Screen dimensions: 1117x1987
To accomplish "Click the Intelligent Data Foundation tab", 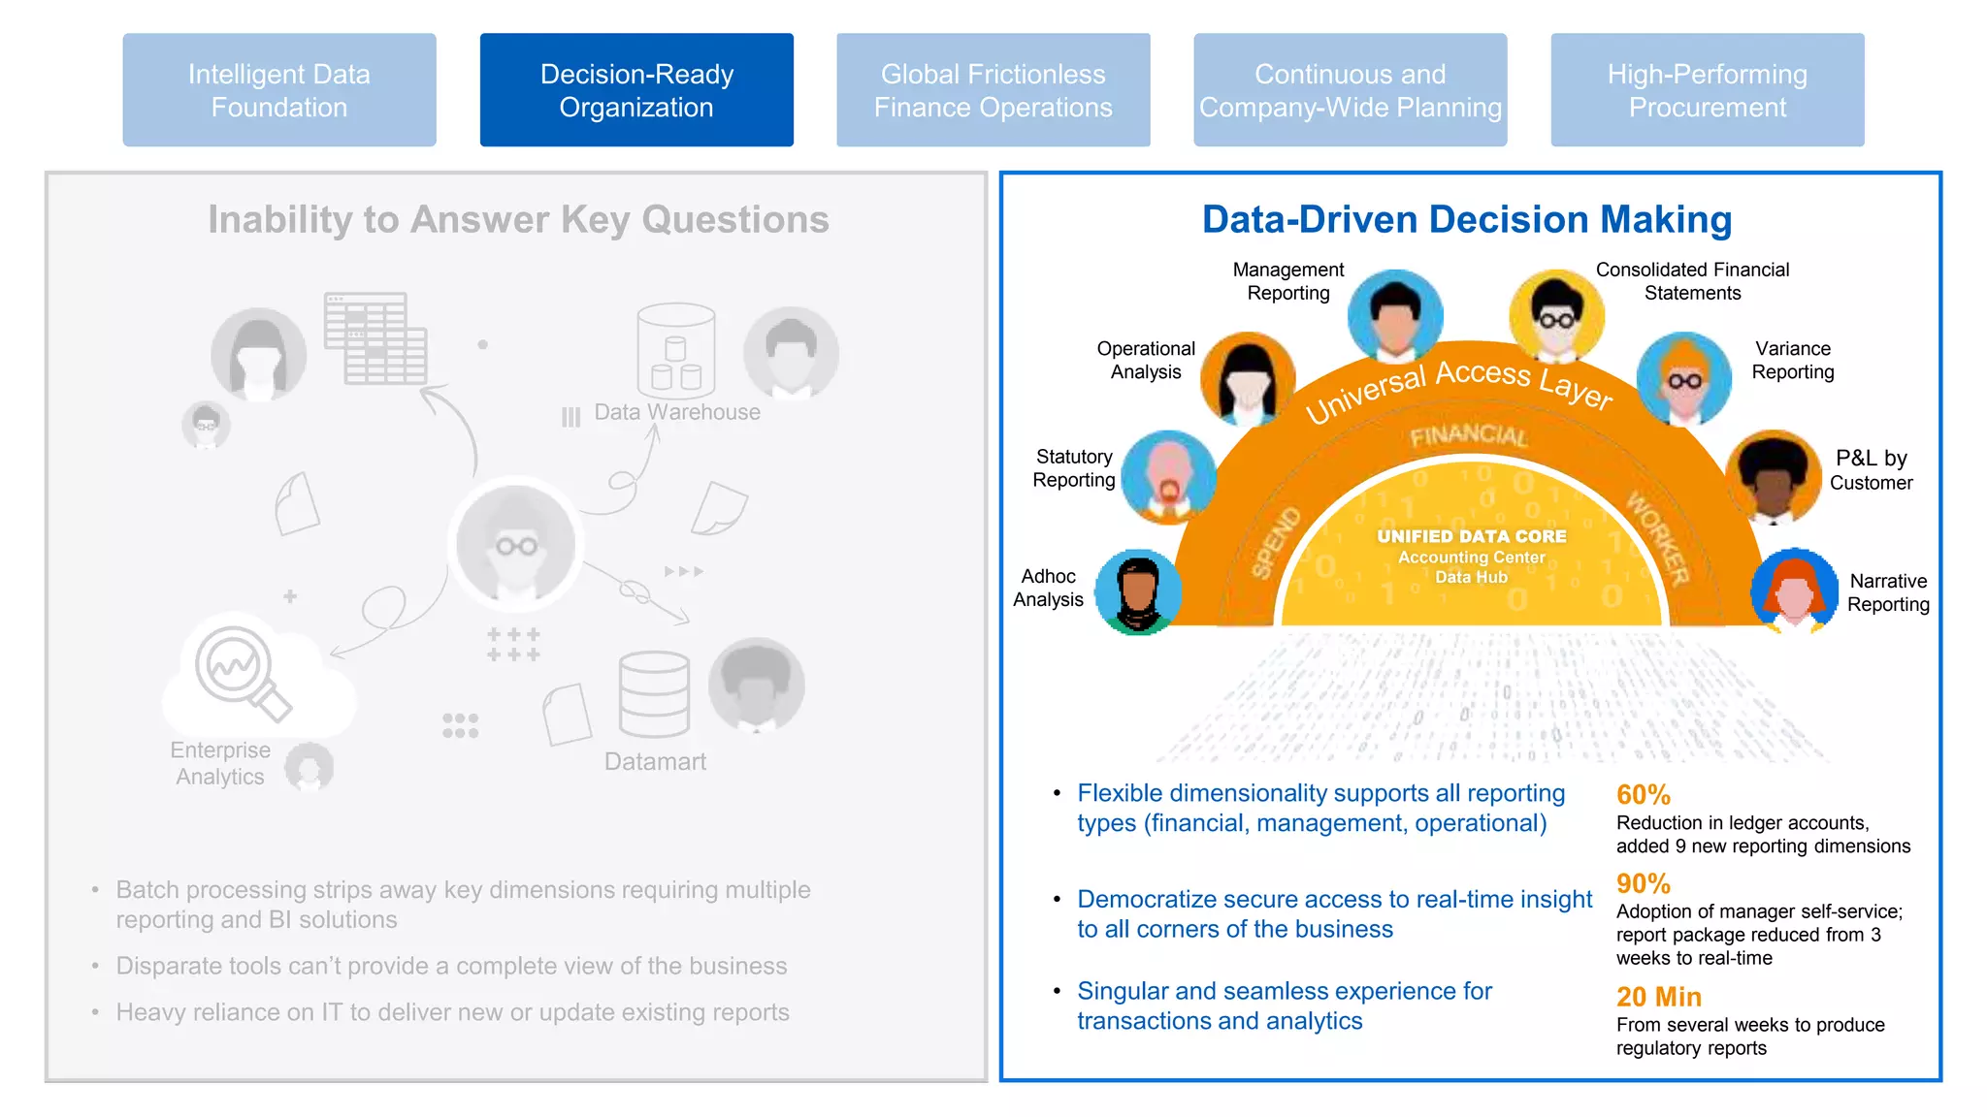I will click(279, 90).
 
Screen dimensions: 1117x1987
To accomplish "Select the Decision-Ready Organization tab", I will click(636, 90).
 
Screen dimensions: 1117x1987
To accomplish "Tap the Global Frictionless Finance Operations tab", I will click(993, 90).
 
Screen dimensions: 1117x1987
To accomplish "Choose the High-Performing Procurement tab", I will click(1707, 90).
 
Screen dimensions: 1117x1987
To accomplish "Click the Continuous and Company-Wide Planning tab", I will click(1350, 90).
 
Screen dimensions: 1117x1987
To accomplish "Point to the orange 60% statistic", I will click(1643, 795).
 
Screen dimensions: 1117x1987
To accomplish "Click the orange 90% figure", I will click(1643, 883).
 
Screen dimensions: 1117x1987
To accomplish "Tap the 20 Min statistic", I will click(1658, 997).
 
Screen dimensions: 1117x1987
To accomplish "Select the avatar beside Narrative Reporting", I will click(1794, 591).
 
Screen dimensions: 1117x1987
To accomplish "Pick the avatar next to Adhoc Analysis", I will click(1138, 592).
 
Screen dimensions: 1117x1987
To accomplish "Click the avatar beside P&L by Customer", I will click(1773, 476).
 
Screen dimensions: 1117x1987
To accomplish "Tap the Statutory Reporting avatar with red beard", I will click(1168, 477).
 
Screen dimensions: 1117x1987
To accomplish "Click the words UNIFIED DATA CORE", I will click(1471, 536).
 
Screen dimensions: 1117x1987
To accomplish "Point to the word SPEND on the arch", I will click(1275, 543).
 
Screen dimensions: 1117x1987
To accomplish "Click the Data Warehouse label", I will click(676, 412).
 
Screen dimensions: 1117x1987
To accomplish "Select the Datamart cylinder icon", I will click(654, 694).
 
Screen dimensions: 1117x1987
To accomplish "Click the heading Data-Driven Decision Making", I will click(1466, 220).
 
